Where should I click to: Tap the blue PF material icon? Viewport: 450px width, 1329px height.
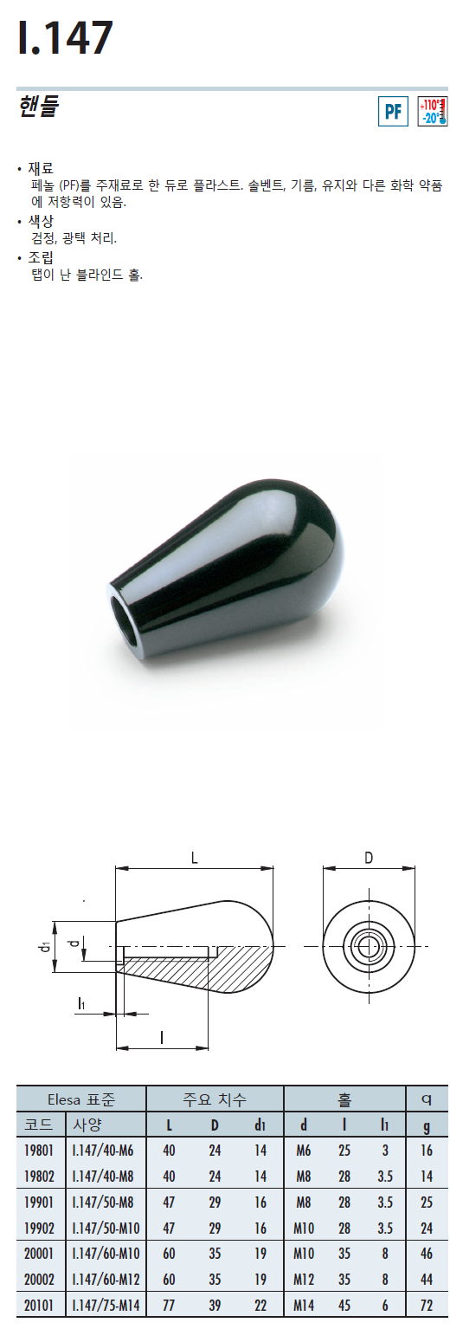(x=393, y=111)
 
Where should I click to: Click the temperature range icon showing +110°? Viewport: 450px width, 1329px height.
(x=433, y=111)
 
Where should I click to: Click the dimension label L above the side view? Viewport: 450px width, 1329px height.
(x=194, y=858)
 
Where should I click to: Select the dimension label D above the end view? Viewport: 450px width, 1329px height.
(x=369, y=858)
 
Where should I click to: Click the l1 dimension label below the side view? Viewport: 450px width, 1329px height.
(x=82, y=1003)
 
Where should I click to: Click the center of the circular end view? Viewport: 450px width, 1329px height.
(x=369, y=946)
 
